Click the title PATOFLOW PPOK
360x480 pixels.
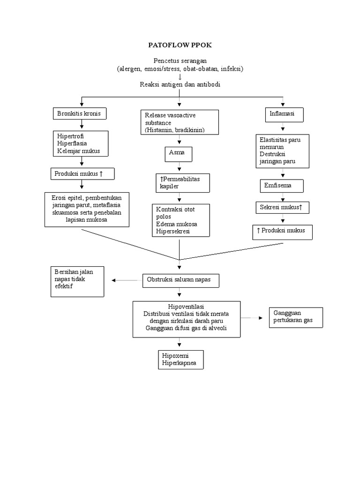click(180, 45)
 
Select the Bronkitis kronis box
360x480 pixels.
click(79, 114)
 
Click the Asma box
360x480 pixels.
click(178, 153)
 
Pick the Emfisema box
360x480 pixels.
click(282, 186)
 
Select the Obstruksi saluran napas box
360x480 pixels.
click(180, 280)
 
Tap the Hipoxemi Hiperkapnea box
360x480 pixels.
click(180, 359)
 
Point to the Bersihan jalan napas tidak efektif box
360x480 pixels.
click(77, 281)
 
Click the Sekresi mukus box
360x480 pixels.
click(282, 207)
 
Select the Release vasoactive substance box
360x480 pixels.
click(180, 122)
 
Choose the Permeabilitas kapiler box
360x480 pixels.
click(183, 182)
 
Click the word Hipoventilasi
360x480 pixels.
click(180, 306)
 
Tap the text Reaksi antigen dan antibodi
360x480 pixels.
click(180, 84)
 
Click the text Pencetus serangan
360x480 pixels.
click(180, 61)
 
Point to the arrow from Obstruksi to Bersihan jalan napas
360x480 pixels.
click(127, 280)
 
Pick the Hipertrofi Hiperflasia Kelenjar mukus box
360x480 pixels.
click(82, 143)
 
